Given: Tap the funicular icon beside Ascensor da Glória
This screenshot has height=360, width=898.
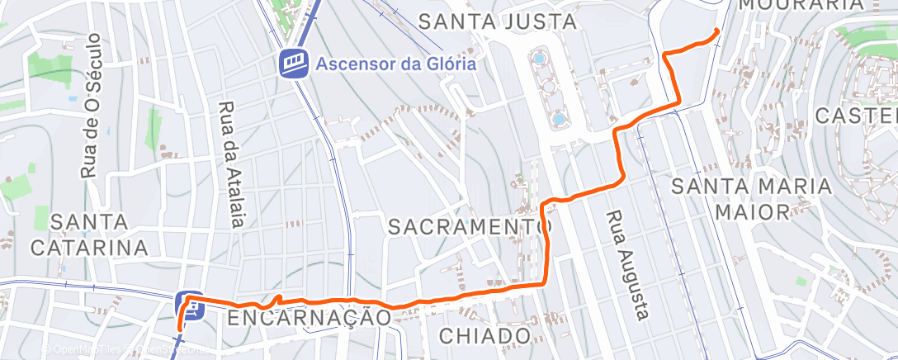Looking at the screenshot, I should [x=293, y=63].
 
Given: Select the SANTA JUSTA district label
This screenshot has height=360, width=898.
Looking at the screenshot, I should [x=496, y=21].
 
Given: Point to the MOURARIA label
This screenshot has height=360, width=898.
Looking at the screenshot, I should [x=812, y=4].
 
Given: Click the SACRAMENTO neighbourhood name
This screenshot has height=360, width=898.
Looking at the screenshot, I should [x=469, y=225].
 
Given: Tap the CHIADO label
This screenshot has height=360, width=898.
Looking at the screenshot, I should [x=484, y=335].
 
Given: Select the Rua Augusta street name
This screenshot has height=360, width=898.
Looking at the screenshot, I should [x=629, y=265].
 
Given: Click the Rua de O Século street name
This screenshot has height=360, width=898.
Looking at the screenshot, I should [x=91, y=107].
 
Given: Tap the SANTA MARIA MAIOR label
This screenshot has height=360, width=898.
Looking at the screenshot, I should [x=752, y=198].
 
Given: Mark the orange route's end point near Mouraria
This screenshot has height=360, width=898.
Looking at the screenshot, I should [x=716, y=31].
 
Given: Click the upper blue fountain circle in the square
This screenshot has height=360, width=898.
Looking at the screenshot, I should [x=539, y=59].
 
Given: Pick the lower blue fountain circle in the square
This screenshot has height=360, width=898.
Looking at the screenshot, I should [x=559, y=119].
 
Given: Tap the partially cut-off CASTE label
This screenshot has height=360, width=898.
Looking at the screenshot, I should [x=856, y=115].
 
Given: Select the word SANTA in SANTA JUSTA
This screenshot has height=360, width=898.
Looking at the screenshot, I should [x=453, y=21].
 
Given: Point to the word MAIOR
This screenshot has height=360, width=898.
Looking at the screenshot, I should [x=751, y=211].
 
